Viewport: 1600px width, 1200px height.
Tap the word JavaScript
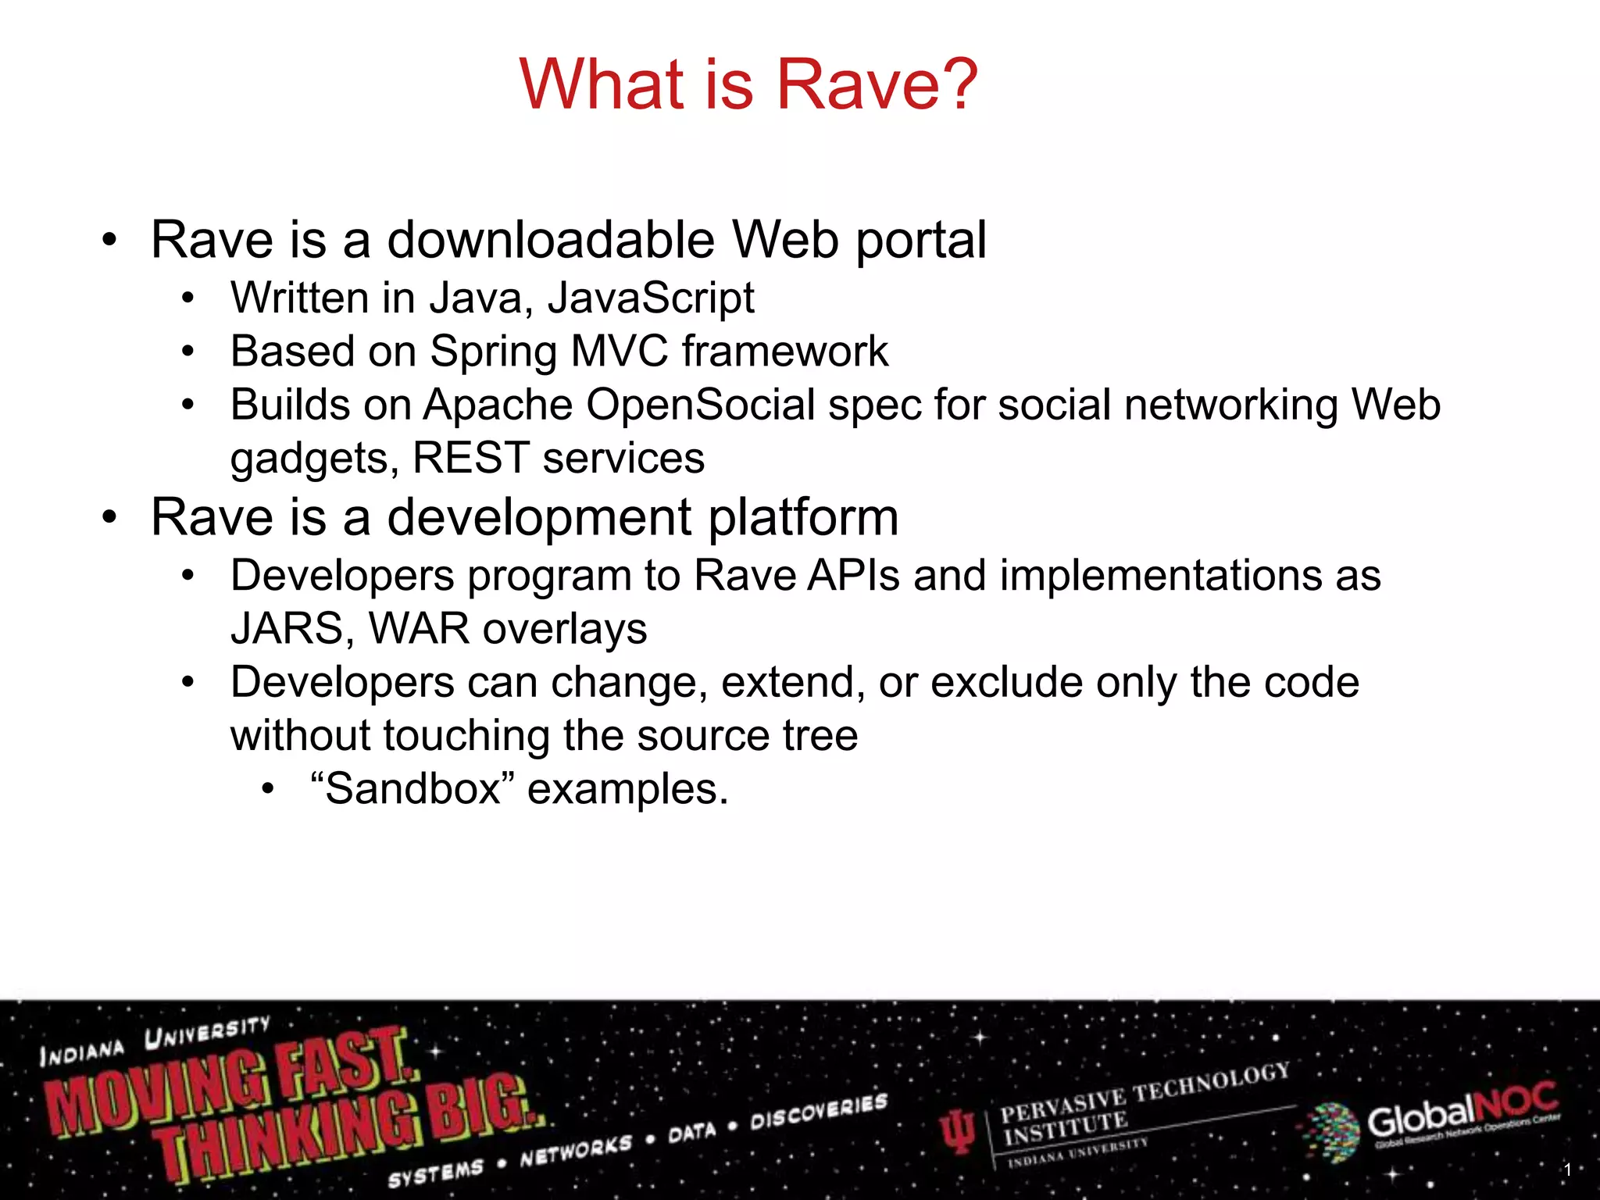click(651, 298)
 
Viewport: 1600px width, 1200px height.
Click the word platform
click(803, 518)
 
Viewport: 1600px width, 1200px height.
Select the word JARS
click(287, 630)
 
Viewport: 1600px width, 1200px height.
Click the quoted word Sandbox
click(412, 789)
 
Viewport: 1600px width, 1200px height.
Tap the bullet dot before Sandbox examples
click(268, 790)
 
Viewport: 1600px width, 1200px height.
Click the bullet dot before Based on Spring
click(187, 352)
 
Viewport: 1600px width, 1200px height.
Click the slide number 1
click(1567, 1170)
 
